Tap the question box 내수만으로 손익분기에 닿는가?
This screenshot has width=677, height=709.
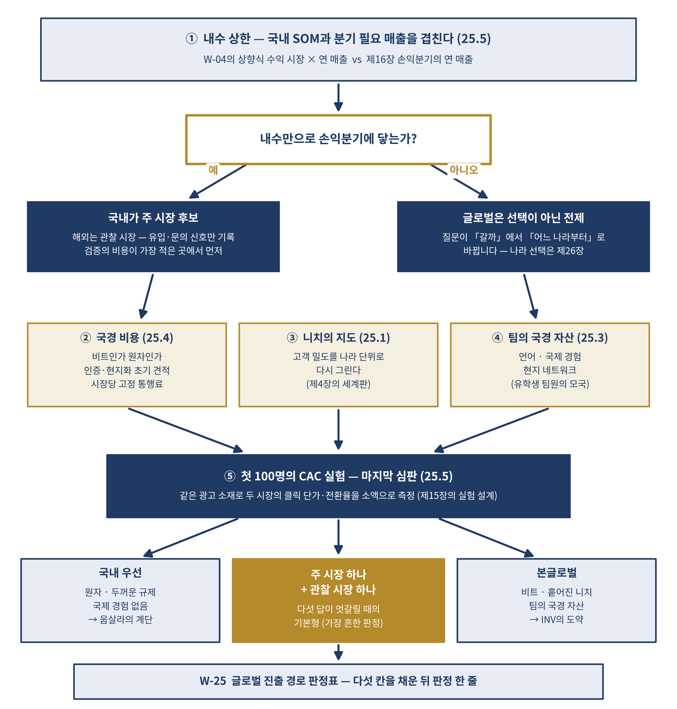338,139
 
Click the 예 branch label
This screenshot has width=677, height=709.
213,170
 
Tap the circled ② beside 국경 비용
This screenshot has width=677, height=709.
85,338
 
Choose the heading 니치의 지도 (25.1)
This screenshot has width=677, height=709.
346,338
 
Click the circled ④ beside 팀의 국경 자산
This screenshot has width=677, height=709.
497,338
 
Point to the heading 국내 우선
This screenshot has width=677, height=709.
120,572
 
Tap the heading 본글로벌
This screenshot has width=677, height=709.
556,572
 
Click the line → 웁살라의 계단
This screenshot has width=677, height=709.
120,620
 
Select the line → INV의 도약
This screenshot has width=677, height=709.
556,620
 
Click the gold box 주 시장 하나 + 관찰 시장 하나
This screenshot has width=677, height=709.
338,600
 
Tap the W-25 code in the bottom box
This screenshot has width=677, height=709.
213,681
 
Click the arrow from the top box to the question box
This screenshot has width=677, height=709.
338,97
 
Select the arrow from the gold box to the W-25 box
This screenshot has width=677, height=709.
338,652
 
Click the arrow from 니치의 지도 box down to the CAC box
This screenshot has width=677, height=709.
338,429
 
